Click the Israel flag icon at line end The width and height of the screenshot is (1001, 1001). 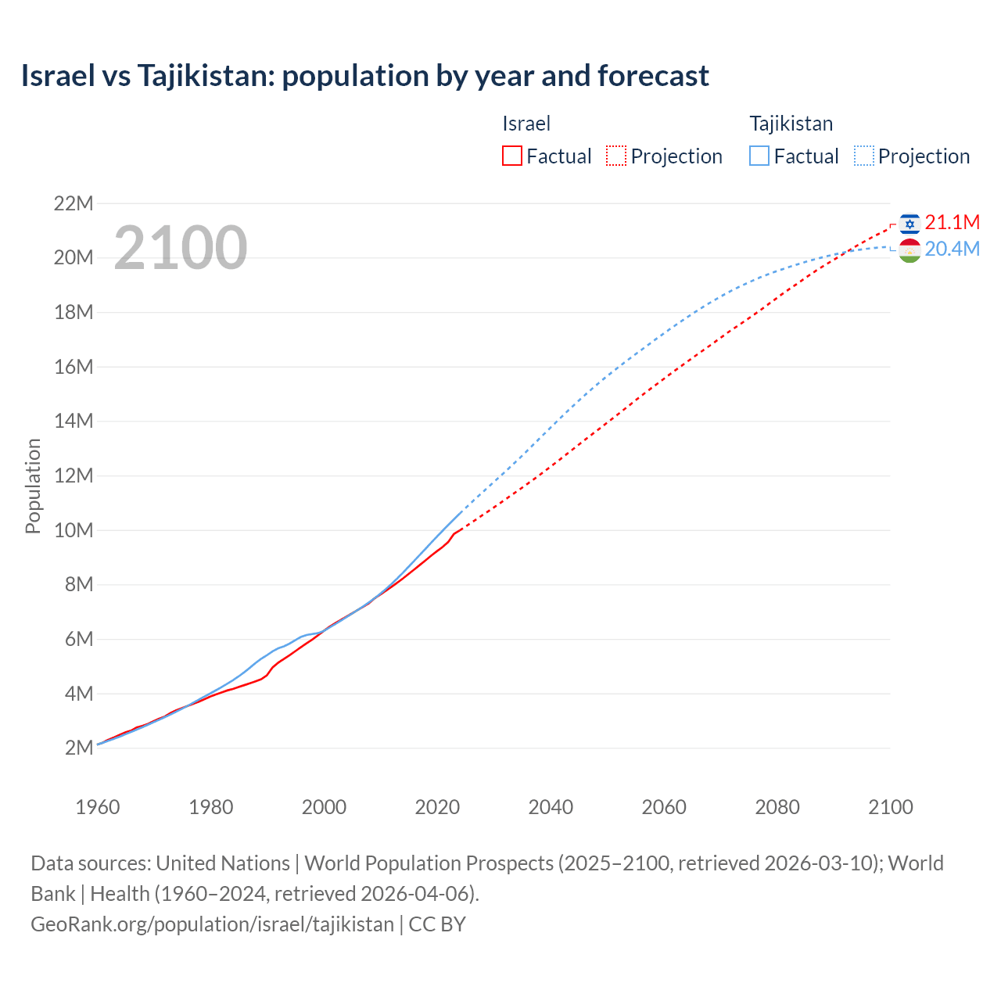pos(909,224)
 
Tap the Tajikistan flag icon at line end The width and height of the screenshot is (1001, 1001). pos(909,250)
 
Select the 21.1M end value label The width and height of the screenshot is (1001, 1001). pos(952,223)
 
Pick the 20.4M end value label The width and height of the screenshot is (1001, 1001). pos(952,249)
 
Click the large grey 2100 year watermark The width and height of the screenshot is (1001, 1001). pos(181,249)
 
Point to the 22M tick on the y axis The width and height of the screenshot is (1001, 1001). pos(74,204)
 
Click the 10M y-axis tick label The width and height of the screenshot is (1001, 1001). pos(74,530)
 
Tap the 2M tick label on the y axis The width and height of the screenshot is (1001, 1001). pos(79,748)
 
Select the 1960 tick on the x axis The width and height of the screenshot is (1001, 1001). pos(98,807)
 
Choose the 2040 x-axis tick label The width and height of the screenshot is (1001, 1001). pos(551,807)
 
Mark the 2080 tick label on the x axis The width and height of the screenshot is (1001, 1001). pos(777,807)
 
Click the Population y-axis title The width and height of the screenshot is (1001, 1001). pos(33,486)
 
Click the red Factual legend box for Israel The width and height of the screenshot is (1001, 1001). pos(511,156)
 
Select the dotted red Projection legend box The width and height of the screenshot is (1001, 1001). pos(616,156)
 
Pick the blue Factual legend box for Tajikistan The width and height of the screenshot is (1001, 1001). pos(759,156)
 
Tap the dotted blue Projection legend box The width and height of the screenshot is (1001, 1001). pos(863,156)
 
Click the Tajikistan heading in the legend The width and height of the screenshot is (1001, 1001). pos(791,124)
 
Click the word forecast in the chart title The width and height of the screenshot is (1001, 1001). pos(653,76)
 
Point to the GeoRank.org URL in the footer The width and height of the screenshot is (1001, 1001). pos(212,924)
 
